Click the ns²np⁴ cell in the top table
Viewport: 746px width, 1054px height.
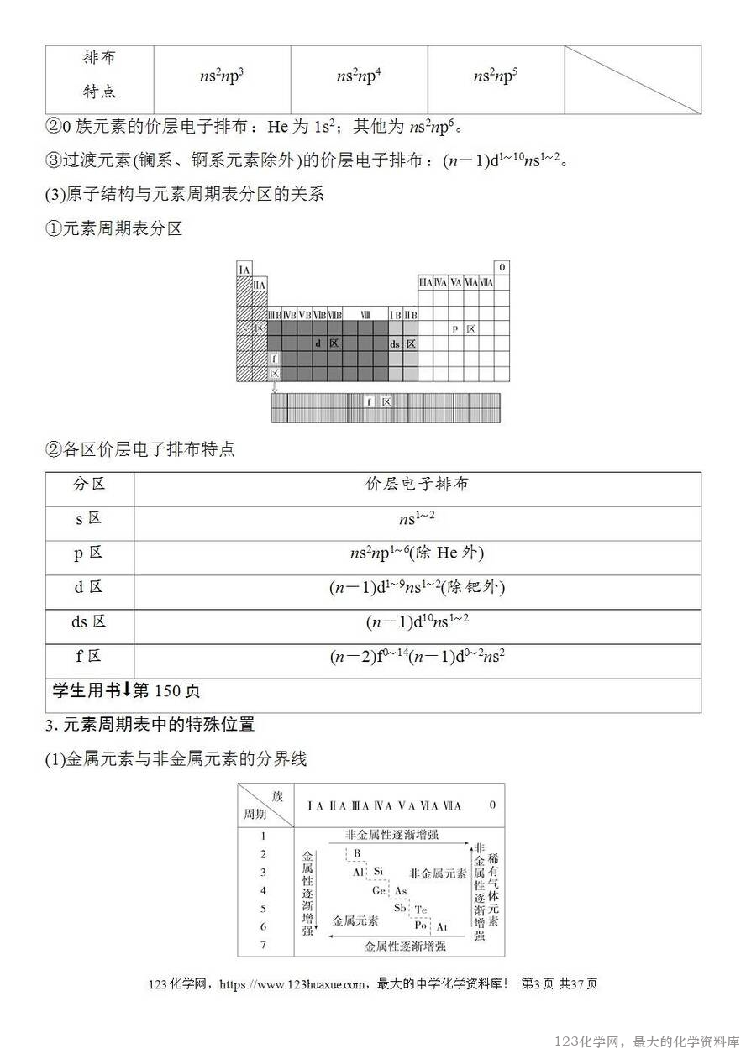pos(359,76)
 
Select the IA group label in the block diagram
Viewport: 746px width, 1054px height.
pos(244,270)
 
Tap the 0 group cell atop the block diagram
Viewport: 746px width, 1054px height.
pos(502,268)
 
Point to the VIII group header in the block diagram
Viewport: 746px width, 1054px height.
pos(365,314)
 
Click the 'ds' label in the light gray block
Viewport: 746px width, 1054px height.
pos(395,344)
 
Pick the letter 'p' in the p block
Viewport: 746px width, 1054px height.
pos(455,329)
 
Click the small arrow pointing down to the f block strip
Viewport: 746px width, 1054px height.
pos(275,387)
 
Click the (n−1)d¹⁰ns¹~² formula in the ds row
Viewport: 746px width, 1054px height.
pos(417,622)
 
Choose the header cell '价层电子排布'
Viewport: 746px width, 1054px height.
pos(417,485)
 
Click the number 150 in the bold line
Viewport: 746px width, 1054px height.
pos(166,691)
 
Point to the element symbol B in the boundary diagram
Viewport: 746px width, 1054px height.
pos(357,854)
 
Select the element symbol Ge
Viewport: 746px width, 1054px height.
pos(380,890)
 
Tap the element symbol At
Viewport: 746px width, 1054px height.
pos(442,927)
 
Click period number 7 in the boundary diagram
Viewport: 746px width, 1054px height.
pos(263,945)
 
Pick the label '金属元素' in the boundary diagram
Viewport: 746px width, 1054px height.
pos(355,920)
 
